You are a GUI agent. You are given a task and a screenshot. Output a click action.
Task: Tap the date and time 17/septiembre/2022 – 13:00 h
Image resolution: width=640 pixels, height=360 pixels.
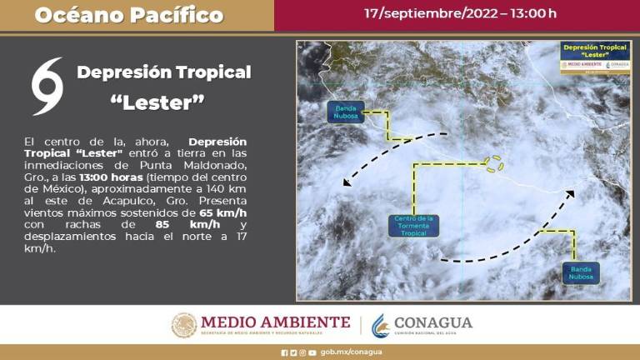click(460, 13)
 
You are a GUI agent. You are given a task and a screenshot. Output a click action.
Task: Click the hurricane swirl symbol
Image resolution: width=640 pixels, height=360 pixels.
click(47, 86)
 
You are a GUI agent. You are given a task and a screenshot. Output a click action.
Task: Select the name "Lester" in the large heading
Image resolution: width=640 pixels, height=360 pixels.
click(157, 102)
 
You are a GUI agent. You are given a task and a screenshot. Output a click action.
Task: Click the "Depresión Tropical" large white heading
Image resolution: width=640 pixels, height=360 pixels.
click(163, 72)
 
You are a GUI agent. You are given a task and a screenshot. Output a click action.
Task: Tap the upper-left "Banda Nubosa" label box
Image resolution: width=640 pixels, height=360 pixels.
click(345, 112)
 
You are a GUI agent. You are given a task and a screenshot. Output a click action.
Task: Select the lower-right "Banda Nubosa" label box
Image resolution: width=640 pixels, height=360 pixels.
click(580, 272)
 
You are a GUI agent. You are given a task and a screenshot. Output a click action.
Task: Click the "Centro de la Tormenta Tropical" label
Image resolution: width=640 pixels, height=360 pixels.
click(413, 225)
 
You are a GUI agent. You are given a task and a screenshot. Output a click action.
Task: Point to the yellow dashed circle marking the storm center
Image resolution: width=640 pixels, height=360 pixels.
click(494, 163)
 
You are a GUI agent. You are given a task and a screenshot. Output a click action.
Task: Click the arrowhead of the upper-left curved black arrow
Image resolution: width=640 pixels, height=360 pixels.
click(347, 182)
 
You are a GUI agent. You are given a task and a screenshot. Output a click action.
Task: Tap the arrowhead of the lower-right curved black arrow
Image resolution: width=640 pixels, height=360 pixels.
click(571, 194)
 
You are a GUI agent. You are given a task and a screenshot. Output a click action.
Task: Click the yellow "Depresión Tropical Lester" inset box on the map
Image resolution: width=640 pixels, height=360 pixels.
click(594, 57)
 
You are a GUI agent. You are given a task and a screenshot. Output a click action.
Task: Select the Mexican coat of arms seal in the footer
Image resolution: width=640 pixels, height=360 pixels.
click(183, 325)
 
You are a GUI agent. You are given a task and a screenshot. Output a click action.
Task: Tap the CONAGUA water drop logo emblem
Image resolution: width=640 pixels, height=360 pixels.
click(380, 325)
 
